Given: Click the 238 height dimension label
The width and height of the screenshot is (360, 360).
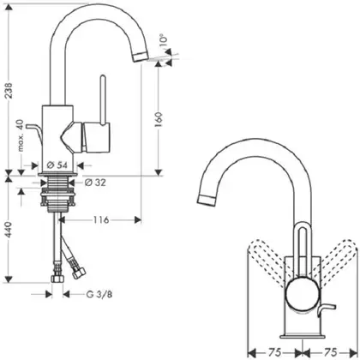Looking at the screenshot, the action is (9, 90).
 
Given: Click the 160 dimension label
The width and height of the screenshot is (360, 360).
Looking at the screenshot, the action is (159, 119).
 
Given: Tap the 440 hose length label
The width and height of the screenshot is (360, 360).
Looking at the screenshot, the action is (9, 230).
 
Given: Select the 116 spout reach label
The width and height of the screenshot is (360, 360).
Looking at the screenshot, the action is (101, 219).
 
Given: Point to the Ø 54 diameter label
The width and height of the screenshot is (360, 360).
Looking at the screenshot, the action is (57, 165).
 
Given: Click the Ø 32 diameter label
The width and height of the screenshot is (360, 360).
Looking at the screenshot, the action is (95, 183).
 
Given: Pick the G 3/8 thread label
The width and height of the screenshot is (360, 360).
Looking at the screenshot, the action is (99, 294).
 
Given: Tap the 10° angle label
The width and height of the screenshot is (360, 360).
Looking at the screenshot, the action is (164, 43).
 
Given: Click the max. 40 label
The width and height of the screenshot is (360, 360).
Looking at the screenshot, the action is (20, 135).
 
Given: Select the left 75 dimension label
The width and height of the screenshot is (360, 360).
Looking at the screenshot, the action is (274, 352).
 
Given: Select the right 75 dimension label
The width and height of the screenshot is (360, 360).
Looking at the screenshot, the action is (330, 352).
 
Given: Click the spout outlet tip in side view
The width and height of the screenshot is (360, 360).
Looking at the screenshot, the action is (141, 57).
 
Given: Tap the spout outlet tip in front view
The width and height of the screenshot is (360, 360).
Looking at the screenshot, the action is (207, 200).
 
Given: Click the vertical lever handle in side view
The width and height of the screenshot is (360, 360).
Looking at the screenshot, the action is (103, 100).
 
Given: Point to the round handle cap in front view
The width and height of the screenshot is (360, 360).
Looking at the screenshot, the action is (301, 292).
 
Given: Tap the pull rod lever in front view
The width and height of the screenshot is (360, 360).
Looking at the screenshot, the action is (325, 309).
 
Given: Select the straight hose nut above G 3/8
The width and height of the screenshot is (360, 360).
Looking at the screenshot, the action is (57, 279).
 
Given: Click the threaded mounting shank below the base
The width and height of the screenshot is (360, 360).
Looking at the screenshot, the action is (58, 195).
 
